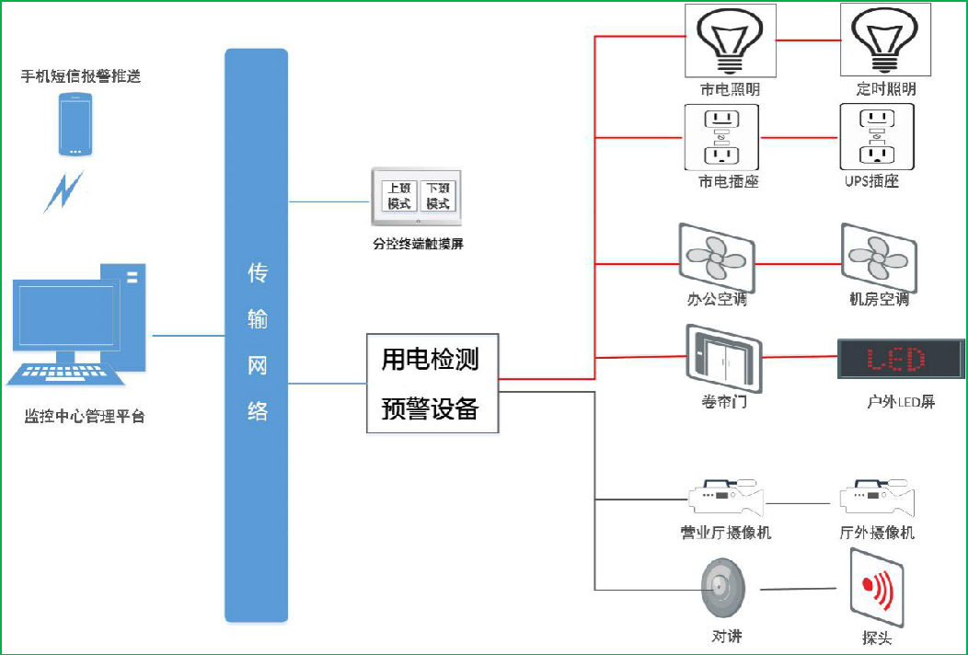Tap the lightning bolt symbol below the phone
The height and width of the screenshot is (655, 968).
point(64,191)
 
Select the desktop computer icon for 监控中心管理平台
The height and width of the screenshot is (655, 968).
point(78,326)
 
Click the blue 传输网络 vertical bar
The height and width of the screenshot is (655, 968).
point(257,336)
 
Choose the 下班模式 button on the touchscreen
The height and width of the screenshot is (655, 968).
point(438,196)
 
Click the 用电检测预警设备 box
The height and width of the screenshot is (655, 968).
point(432,383)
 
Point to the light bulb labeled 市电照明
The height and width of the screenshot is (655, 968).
point(730,42)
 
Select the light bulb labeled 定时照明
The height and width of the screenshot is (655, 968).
point(884,42)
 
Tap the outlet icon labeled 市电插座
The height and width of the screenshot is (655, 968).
point(722,137)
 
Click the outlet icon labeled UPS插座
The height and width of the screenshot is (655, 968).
point(877,137)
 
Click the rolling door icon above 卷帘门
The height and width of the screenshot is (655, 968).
point(723,357)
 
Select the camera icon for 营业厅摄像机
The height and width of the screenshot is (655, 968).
point(727,500)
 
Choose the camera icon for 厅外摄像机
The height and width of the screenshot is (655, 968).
point(877,500)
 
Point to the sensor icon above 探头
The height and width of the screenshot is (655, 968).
point(876,587)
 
